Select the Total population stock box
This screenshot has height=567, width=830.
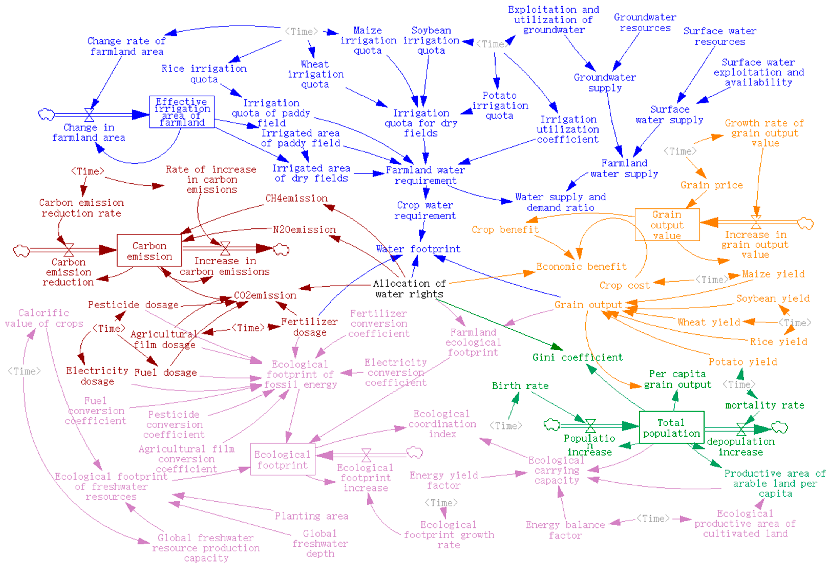671,427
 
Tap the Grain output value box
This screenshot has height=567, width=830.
667,225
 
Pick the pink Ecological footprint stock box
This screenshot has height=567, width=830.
283,460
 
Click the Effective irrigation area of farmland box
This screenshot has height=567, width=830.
182,112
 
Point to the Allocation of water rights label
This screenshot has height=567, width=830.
409,289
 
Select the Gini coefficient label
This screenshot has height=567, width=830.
578,357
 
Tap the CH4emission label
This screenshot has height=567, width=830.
296,198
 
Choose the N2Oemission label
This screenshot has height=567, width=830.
304,229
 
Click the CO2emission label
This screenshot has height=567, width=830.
265,295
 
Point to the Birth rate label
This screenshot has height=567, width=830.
520,386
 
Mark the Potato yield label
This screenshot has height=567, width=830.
743,362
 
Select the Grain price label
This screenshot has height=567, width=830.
711,185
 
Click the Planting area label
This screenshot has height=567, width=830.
311,516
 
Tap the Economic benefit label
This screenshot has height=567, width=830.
581,266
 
